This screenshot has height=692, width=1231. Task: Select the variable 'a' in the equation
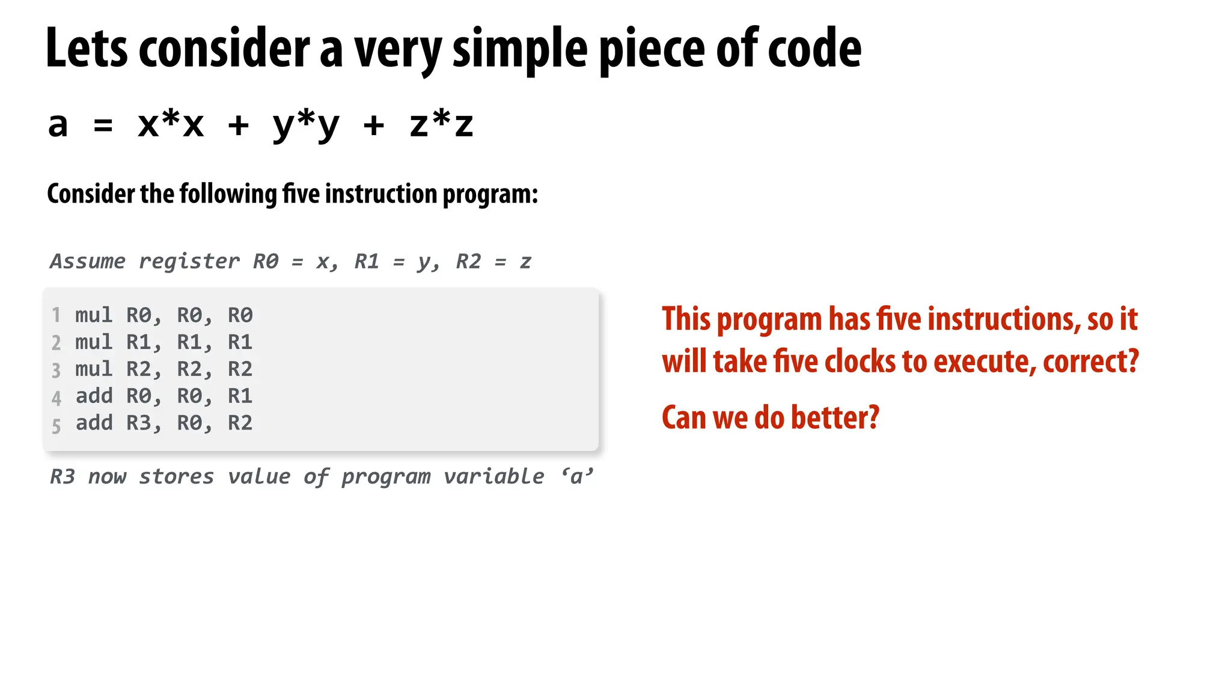point(58,125)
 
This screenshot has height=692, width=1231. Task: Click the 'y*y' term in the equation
point(306,125)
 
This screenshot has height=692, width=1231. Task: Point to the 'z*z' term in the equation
point(441,125)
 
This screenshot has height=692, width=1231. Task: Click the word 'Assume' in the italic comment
point(88,261)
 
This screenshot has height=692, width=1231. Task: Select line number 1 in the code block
point(56,315)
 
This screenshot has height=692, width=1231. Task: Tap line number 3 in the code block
point(56,370)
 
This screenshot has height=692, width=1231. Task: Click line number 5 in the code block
point(56,426)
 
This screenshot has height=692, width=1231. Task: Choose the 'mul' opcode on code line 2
point(94,342)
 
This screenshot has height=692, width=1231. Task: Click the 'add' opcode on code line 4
point(94,396)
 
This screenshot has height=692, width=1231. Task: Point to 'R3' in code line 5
point(139,423)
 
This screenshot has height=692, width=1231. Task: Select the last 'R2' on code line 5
point(240,423)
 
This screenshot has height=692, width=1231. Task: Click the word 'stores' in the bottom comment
point(176,476)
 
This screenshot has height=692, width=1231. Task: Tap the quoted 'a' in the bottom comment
point(577,476)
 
